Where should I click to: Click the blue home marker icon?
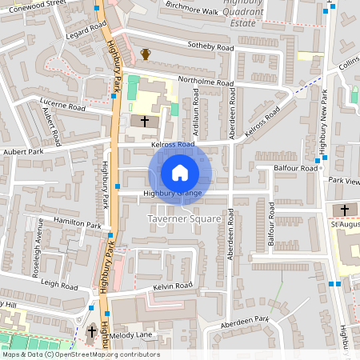pos(180,172)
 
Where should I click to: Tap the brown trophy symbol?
pos(146,54)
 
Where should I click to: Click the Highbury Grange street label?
pos(172,194)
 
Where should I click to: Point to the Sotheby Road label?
pos(210,48)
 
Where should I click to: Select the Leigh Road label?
pos(58,284)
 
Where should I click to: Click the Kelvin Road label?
pos(174,286)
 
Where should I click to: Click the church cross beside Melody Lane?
pos(91,330)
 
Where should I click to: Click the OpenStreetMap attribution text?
pos(80,354)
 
